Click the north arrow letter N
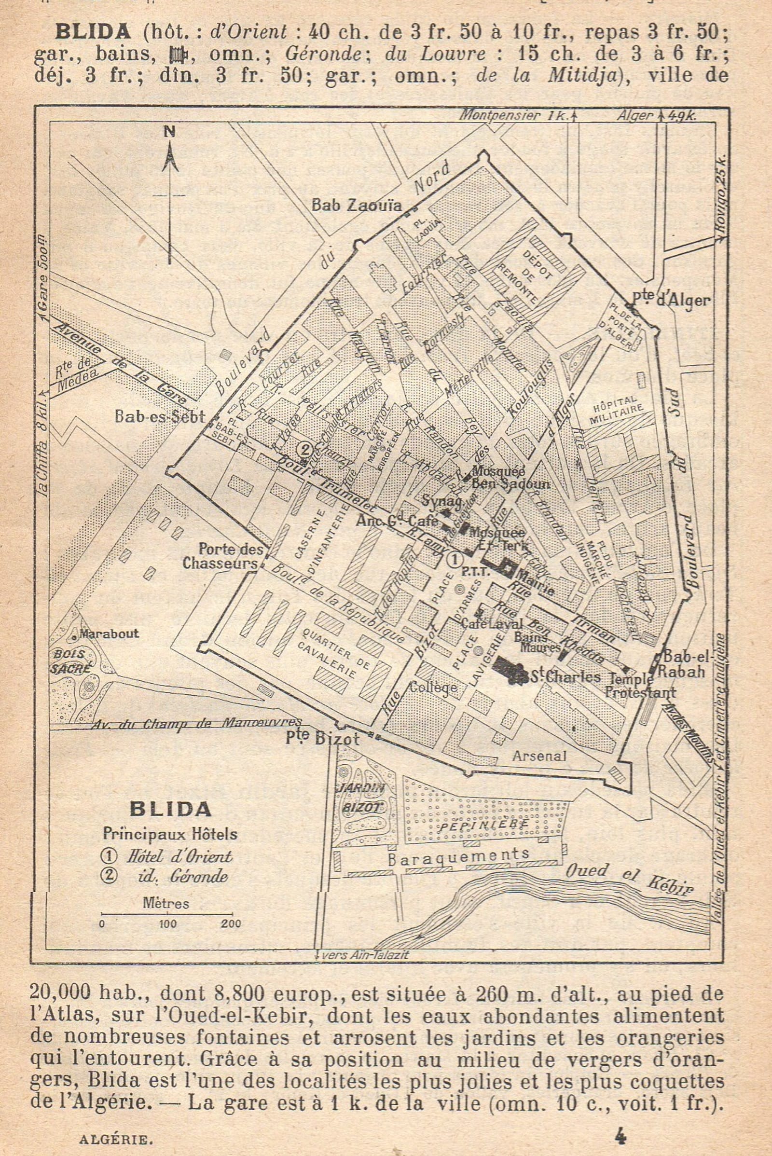[x=170, y=132]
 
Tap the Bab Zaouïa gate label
[x=357, y=206]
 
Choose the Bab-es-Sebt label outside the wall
[x=159, y=417]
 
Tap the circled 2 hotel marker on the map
[x=305, y=449]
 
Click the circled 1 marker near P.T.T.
[x=455, y=560]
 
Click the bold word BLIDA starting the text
[x=93, y=32]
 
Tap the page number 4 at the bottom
[x=620, y=1123]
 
